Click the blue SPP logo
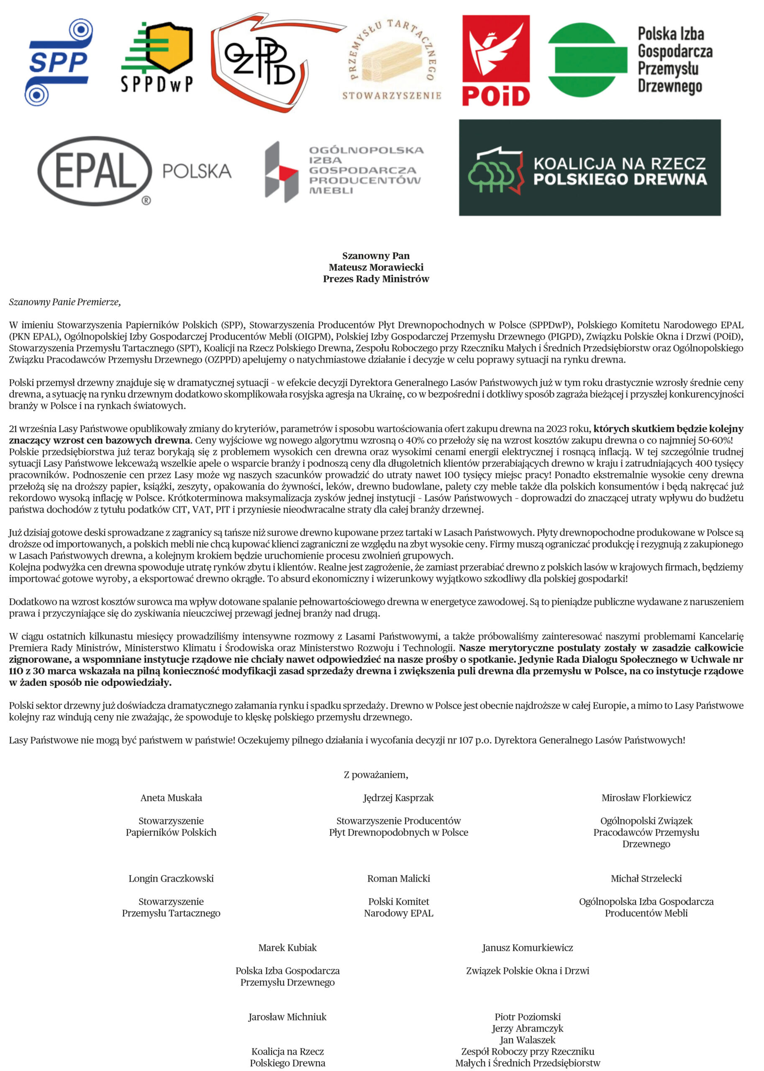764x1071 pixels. point(59,62)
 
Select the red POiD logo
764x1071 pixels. point(496,61)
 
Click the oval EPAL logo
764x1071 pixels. point(95,171)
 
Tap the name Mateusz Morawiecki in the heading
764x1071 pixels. point(376,267)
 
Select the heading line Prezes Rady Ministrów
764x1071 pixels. point(376,279)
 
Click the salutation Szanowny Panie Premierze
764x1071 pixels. point(65,302)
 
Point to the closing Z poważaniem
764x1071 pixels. point(376,775)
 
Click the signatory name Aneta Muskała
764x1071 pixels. point(171,798)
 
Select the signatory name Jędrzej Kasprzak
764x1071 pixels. point(398,798)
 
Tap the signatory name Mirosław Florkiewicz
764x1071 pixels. point(646,798)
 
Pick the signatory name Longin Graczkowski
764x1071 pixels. point(171,879)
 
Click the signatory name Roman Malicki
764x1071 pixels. point(398,879)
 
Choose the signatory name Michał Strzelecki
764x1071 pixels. point(646,879)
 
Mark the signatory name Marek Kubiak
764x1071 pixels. point(287,948)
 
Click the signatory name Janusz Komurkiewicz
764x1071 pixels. point(527,948)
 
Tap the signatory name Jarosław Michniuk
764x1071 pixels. point(287,1017)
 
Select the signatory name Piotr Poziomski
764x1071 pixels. point(527,1017)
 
